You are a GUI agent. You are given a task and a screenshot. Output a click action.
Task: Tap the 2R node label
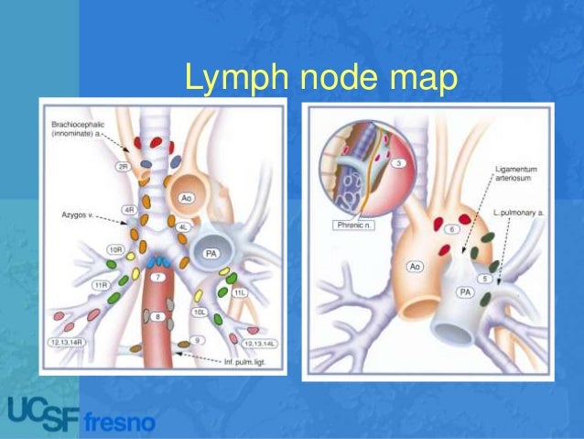pyautogui.click(x=124, y=168)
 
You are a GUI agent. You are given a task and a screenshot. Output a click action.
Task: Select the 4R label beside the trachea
pyautogui.click(x=129, y=210)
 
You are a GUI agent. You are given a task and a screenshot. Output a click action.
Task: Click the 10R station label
pyautogui.click(x=115, y=249)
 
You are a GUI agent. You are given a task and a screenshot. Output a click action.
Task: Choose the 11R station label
pyautogui.click(x=101, y=286)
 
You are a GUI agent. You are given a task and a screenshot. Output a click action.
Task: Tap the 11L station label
pyautogui.click(x=240, y=292)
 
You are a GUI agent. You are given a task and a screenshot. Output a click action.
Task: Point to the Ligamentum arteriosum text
pyautogui.click(x=519, y=175)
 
